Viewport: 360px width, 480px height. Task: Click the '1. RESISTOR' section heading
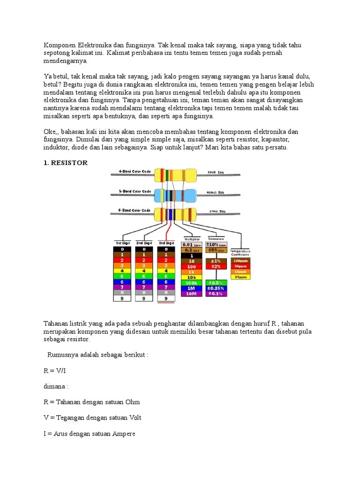pos(66,163)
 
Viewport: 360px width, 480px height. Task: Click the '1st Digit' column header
pos(122,243)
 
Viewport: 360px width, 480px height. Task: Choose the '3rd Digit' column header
pos(166,243)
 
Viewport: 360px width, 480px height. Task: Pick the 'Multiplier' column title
pos(192,239)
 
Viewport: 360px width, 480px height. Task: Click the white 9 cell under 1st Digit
pos(122,298)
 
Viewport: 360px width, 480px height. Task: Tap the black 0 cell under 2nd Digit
pos(144,249)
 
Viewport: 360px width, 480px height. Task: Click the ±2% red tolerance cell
pos(216,266)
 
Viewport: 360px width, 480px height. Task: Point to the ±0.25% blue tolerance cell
pos(216,288)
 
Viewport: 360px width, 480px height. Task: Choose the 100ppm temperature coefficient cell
pos(240,260)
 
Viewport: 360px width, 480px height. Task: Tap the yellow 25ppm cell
pos(240,277)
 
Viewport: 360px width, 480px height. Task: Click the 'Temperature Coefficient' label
pos(240,253)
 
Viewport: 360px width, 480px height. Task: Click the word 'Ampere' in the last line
pos(123,434)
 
